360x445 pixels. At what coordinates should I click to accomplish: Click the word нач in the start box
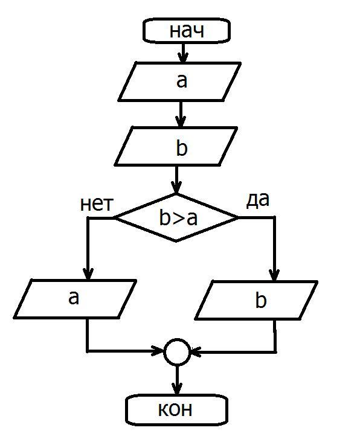tap(187, 31)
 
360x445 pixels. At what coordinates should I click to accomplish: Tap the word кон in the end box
tap(175, 409)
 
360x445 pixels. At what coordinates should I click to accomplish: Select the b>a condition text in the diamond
tap(178, 218)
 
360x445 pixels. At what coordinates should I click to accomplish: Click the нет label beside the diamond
tap(97, 204)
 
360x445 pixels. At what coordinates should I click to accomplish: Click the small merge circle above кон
tap(176, 352)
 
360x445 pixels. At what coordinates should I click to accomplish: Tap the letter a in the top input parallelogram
tap(182, 81)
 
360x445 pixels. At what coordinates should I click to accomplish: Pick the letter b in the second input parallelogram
tap(182, 148)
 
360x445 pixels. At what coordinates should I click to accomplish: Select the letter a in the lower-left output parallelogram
tap(74, 298)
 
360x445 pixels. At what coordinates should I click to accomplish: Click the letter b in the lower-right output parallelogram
tap(261, 299)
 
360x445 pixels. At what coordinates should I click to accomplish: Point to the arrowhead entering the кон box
tap(177, 389)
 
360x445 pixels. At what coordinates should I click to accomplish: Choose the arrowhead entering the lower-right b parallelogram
tap(274, 275)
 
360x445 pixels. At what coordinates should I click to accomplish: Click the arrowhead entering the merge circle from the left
tap(159, 351)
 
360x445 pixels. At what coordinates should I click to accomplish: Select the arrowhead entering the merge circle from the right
tap(195, 352)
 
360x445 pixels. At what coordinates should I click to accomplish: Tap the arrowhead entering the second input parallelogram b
tap(180, 122)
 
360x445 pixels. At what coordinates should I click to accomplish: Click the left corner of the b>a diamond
tap(114, 218)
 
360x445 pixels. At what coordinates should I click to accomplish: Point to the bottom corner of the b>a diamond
tap(176, 242)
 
